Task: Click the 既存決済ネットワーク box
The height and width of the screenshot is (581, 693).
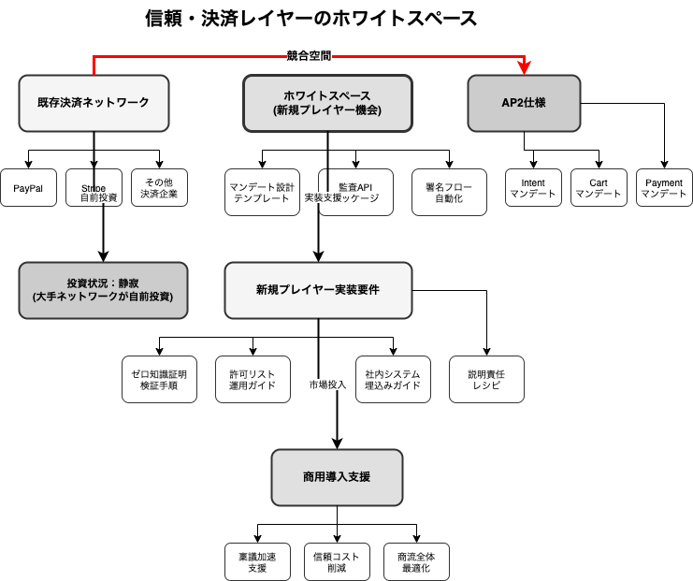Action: click(94, 103)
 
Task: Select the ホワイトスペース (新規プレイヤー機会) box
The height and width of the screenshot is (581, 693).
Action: click(327, 103)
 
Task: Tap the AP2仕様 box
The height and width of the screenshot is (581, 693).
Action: click(524, 103)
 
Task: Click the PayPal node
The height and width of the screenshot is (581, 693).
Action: click(28, 188)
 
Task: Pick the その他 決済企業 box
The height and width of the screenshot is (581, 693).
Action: click(159, 188)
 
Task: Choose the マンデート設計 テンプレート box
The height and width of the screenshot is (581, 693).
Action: click(262, 192)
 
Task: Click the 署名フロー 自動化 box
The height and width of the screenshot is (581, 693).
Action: click(449, 192)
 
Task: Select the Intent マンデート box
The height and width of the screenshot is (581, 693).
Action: click(533, 188)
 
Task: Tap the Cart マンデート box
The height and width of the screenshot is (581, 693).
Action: click(599, 188)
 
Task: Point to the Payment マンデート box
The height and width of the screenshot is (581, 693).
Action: click(664, 188)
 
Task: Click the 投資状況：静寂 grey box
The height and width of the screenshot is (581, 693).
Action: click(103, 290)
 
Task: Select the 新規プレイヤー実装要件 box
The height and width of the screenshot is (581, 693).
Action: click(318, 290)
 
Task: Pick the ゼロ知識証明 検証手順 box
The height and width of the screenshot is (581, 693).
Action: click(159, 379)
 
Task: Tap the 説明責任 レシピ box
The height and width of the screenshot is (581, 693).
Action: click(486, 379)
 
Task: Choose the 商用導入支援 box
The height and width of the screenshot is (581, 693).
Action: click(337, 477)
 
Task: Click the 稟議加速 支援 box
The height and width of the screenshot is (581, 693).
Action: click(257, 561)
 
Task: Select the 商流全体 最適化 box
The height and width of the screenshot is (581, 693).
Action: click(416, 561)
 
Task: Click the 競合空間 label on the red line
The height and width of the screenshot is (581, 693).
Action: click(310, 56)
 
